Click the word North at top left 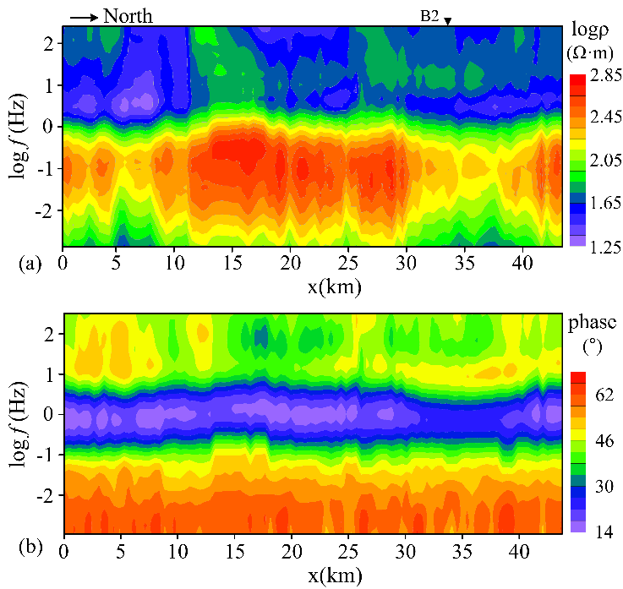point(128,15)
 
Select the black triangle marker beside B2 point(449,20)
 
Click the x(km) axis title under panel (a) point(336,286)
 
